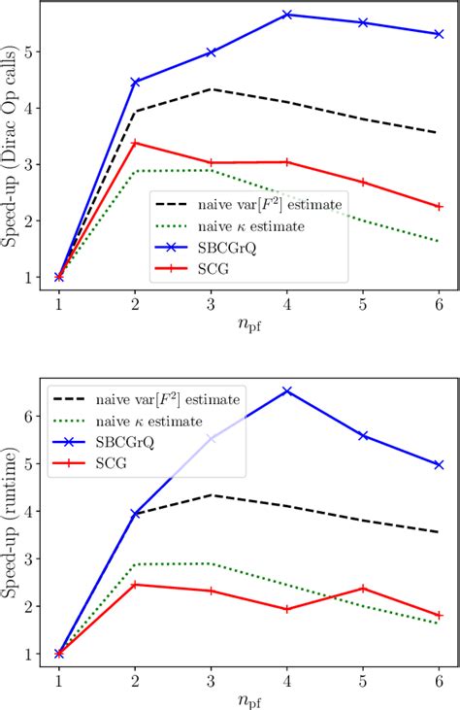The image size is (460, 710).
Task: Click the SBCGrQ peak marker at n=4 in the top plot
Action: pos(287,16)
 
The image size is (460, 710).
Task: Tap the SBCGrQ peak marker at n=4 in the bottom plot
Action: pos(287,391)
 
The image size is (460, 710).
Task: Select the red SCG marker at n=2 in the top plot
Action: pos(135,143)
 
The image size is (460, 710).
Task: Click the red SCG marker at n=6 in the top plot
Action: pos(439,206)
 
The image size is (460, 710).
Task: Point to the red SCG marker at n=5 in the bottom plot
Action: pos(363,588)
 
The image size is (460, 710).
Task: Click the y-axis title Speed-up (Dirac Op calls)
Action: pos(12,146)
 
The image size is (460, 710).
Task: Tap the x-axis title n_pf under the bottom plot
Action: pos(248,698)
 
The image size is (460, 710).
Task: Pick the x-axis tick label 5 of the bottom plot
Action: pos(363,676)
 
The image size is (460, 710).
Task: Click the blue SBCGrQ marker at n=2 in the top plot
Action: pos(135,83)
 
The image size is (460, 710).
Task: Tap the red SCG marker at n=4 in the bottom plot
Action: pos(287,609)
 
